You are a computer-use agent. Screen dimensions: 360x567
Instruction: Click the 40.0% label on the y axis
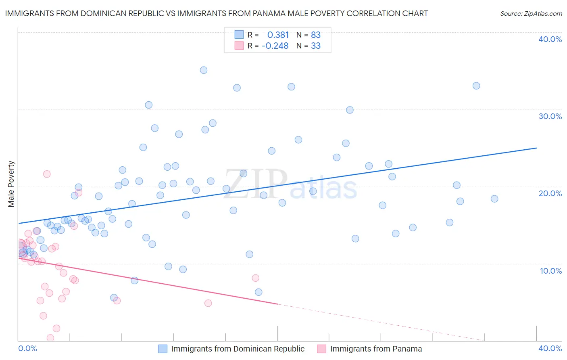550,39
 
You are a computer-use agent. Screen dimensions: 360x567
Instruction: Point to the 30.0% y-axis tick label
550,116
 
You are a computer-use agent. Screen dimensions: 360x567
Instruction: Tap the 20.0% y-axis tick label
550,193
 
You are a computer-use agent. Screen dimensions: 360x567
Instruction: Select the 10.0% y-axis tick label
551,271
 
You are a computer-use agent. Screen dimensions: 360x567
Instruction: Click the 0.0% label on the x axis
27,348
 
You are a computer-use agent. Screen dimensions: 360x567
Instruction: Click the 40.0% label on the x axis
550,348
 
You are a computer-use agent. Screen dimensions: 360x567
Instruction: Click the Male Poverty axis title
11,184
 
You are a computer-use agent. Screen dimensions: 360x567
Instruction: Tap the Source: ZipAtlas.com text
531,14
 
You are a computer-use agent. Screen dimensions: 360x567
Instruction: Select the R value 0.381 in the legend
278,35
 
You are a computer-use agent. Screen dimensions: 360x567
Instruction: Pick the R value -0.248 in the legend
275,46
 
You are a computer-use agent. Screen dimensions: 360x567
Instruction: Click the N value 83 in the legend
316,35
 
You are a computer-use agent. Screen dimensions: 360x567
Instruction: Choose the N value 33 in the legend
316,46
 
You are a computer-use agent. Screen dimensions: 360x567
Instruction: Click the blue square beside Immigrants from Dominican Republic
163,349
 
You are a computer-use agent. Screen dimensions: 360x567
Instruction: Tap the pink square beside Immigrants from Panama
321,349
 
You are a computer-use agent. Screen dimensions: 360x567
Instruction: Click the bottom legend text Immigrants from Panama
376,349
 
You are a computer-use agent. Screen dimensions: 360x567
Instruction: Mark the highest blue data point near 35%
204,70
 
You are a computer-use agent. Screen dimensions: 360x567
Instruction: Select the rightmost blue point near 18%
494,199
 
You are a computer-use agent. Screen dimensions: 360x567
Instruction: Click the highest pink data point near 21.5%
47,174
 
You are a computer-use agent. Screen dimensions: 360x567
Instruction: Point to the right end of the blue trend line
536,148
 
